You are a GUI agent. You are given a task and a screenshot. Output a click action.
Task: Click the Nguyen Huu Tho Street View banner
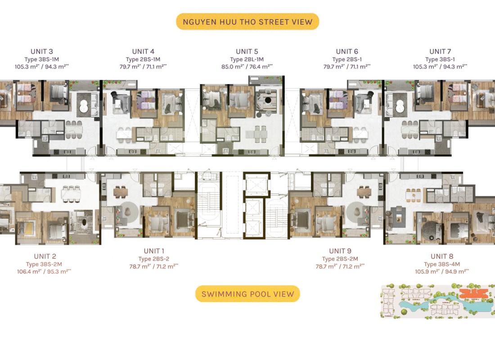[247, 22]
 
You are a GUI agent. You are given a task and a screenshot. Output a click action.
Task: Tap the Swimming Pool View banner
[247, 294]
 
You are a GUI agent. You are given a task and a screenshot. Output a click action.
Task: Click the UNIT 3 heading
[42, 51]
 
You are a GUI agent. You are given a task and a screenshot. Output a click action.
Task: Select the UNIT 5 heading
[247, 51]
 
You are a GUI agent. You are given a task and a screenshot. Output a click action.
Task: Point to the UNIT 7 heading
[440, 51]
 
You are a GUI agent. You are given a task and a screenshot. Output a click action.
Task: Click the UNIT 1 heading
[154, 251]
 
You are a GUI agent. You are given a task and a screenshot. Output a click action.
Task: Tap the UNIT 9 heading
[340, 251]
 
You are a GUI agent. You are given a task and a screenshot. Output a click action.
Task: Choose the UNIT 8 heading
[442, 256]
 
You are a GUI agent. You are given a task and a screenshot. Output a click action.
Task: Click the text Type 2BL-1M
[247, 59]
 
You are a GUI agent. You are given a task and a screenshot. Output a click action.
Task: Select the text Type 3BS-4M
[442, 264]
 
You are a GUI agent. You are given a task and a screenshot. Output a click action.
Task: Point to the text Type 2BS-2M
[340, 259]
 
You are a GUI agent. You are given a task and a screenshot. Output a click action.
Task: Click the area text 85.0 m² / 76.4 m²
[247, 66]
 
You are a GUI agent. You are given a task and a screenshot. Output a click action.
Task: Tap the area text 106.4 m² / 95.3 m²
[45, 271]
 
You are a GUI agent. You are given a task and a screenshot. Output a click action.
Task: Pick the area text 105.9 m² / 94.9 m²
[442, 271]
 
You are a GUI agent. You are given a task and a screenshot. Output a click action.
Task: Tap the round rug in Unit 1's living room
[127, 210]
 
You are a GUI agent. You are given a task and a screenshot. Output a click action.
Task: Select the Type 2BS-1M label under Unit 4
[143, 59]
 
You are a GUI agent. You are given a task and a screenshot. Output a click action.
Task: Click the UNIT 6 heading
[347, 51]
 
